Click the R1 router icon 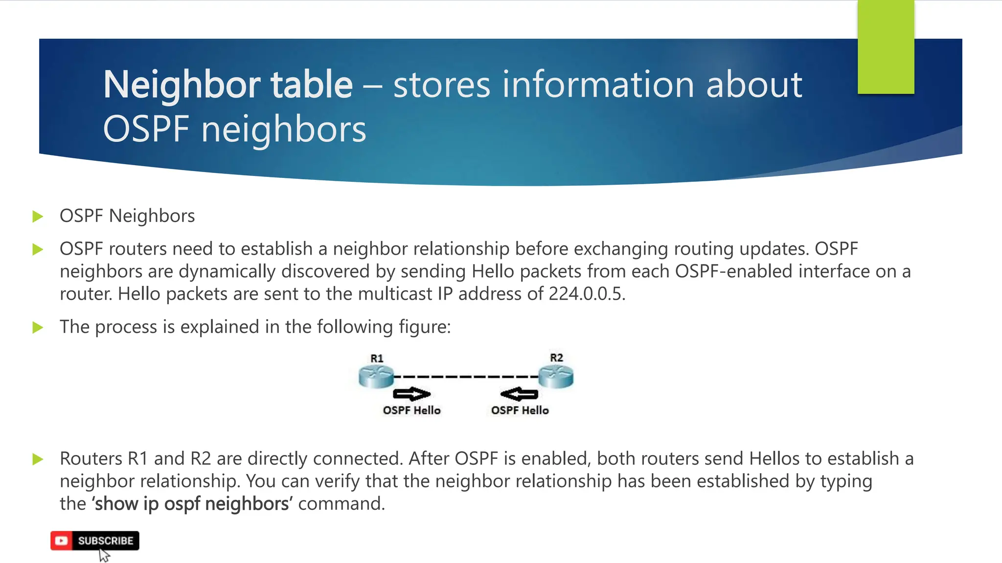click(x=376, y=377)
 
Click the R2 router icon click(x=556, y=377)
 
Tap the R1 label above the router click(x=377, y=358)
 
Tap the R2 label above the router click(x=556, y=358)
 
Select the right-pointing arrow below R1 click(x=411, y=394)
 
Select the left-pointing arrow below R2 click(x=519, y=394)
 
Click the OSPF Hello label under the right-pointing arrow click(x=411, y=411)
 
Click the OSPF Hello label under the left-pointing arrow click(x=520, y=411)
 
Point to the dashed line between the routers click(x=466, y=377)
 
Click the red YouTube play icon click(x=62, y=541)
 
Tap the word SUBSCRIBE click(x=106, y=541)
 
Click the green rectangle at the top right click(x=886, y=47)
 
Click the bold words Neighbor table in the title click(x=228, y=85)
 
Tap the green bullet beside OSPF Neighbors click(x=38, y=217)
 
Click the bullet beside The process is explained click(x=38, y=327)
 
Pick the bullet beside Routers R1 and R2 click(x=38, y=459)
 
